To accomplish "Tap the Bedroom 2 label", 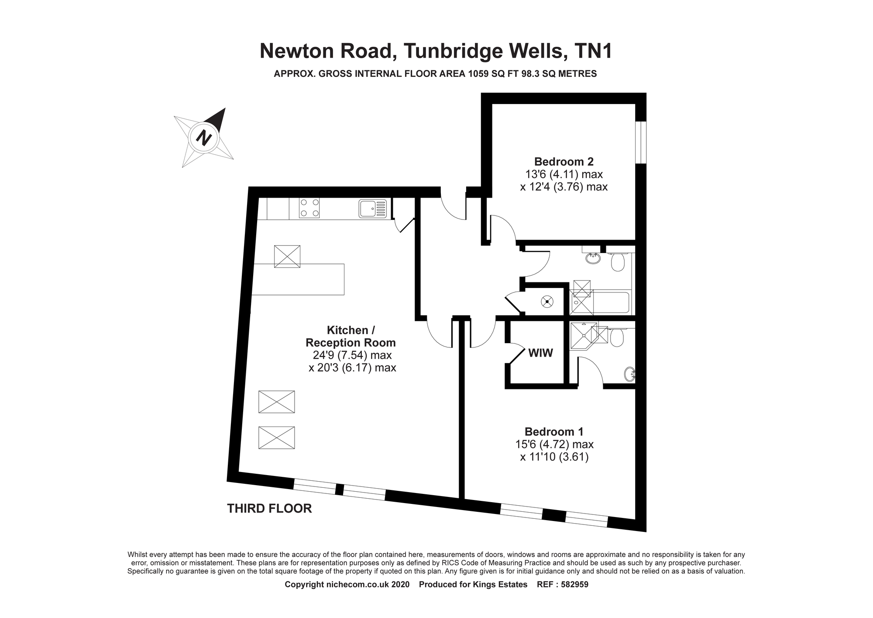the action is tap(564, 162).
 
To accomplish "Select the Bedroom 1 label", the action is tap(554, 432).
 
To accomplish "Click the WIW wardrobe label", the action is tap(541, 353).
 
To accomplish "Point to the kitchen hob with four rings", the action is tap(309, 208).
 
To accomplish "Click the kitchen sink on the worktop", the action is tap(373, 208).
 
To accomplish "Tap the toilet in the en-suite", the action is tap(617, 337).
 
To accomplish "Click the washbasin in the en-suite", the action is tap(629, 374).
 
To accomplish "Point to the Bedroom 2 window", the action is tap(640, 142).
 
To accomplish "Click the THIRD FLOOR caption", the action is tap(269, 509).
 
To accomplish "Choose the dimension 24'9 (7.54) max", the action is tap(352, 355).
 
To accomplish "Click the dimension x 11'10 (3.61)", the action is tap(554, 457).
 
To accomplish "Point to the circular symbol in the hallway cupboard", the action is tap(546, 302).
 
